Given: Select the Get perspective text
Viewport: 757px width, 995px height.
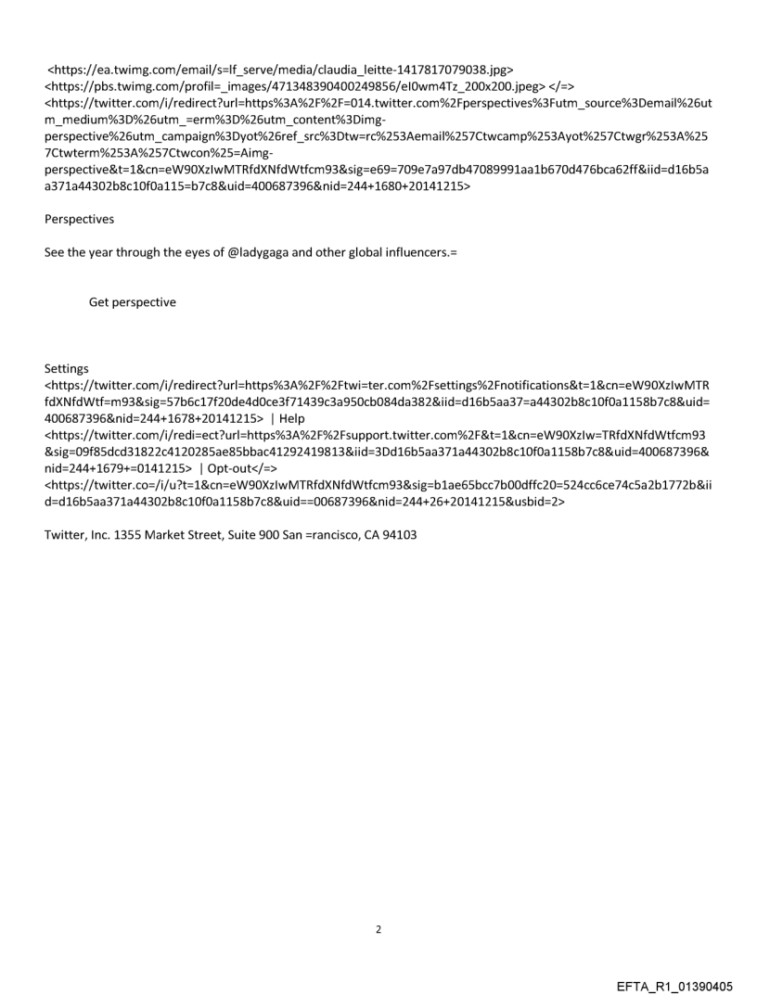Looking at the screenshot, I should (x=132, y=302).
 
